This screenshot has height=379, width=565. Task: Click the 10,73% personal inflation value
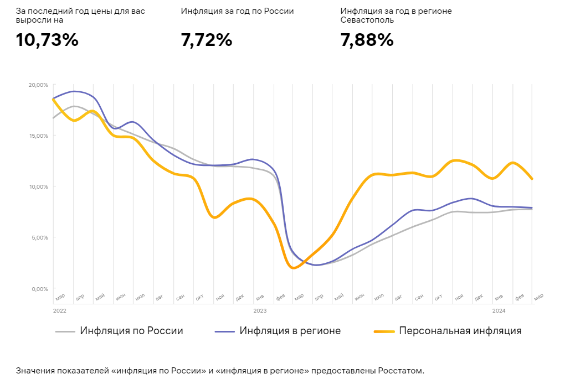(47, 40)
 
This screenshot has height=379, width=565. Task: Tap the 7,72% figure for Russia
(206, 40)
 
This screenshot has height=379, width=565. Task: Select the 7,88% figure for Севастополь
(367, 40)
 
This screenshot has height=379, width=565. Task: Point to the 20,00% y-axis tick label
(38, 85)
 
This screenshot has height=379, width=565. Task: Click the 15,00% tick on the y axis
(38, 136)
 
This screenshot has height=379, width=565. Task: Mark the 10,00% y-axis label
(38, 187)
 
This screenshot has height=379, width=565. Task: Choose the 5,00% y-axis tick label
(39, 238)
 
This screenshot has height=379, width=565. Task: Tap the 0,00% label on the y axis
(39, 289)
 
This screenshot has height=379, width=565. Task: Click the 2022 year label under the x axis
(59, 311)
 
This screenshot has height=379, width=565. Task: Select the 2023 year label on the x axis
(260, 311)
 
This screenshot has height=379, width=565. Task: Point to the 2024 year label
(499, 311)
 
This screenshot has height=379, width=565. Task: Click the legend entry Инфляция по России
(131, 331)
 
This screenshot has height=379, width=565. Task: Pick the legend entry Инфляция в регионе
(290, 331)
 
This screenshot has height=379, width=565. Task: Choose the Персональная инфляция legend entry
(460, 331)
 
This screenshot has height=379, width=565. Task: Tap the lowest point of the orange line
(294, 268)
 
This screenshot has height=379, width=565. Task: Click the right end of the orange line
(532, 179)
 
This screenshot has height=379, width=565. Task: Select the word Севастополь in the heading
(367, 20)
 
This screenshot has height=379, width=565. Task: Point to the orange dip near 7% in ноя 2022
(215, 217)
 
